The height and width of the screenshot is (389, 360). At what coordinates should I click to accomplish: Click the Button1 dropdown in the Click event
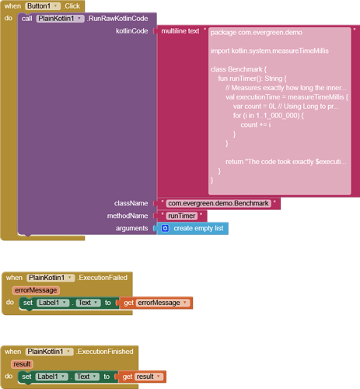coord(43,6)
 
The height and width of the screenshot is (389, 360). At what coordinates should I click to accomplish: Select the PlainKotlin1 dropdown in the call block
coord(60,19)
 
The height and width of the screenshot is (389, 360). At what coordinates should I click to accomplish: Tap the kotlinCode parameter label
coord(132,31)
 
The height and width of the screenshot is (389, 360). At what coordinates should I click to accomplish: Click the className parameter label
coord(131,203)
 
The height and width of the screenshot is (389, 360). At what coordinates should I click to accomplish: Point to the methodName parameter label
coord(128,216)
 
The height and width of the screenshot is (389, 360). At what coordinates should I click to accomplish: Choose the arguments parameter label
coord(131,228)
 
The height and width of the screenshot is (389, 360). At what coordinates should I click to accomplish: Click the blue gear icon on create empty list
coord(165,228)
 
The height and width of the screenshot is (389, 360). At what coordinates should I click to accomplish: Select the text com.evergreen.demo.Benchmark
coord(218,203)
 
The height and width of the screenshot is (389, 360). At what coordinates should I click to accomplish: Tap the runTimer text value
coord(182,216)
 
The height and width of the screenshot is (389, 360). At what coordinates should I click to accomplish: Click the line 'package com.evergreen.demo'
coord(257,33)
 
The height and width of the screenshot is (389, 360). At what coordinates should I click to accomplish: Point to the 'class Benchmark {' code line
coord(239,69)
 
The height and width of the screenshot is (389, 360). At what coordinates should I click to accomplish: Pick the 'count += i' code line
coord(256,124)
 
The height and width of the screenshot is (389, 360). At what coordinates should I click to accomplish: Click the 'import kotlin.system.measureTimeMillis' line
coord(270,51)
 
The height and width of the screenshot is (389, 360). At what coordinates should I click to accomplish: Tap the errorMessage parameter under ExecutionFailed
coord(36,290)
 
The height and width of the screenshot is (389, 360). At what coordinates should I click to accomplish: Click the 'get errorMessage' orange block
coord(156,303)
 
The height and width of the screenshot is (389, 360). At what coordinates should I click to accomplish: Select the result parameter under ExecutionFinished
coord(22,364)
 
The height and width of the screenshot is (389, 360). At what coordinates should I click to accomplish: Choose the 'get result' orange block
coord(142,377)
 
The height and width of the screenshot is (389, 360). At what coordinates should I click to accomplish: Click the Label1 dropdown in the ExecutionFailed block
coord(53,303)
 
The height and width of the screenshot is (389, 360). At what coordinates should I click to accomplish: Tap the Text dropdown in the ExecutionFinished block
coord(87,377)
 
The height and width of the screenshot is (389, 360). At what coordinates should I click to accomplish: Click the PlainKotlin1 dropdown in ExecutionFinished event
coord(49,352)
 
